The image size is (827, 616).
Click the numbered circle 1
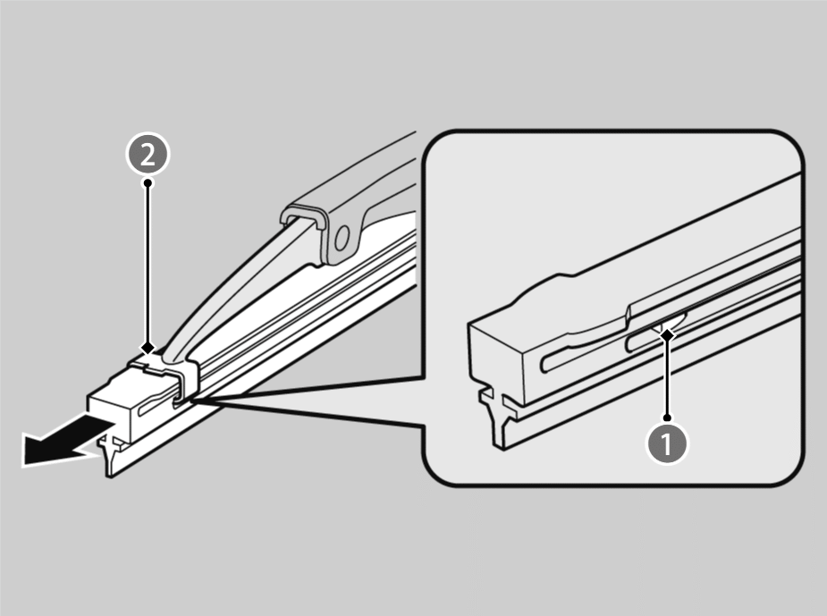667,444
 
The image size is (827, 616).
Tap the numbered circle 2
148,156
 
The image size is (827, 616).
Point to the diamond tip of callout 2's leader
148,348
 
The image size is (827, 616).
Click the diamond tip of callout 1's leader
668,334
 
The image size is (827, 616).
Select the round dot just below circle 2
148,182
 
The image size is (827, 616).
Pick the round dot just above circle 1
668,418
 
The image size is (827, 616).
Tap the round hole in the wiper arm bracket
342,237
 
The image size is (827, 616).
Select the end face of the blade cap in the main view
109,413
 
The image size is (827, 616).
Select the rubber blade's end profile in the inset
498,417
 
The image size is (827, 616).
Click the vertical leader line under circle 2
148,264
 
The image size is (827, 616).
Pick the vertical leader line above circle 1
668,376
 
